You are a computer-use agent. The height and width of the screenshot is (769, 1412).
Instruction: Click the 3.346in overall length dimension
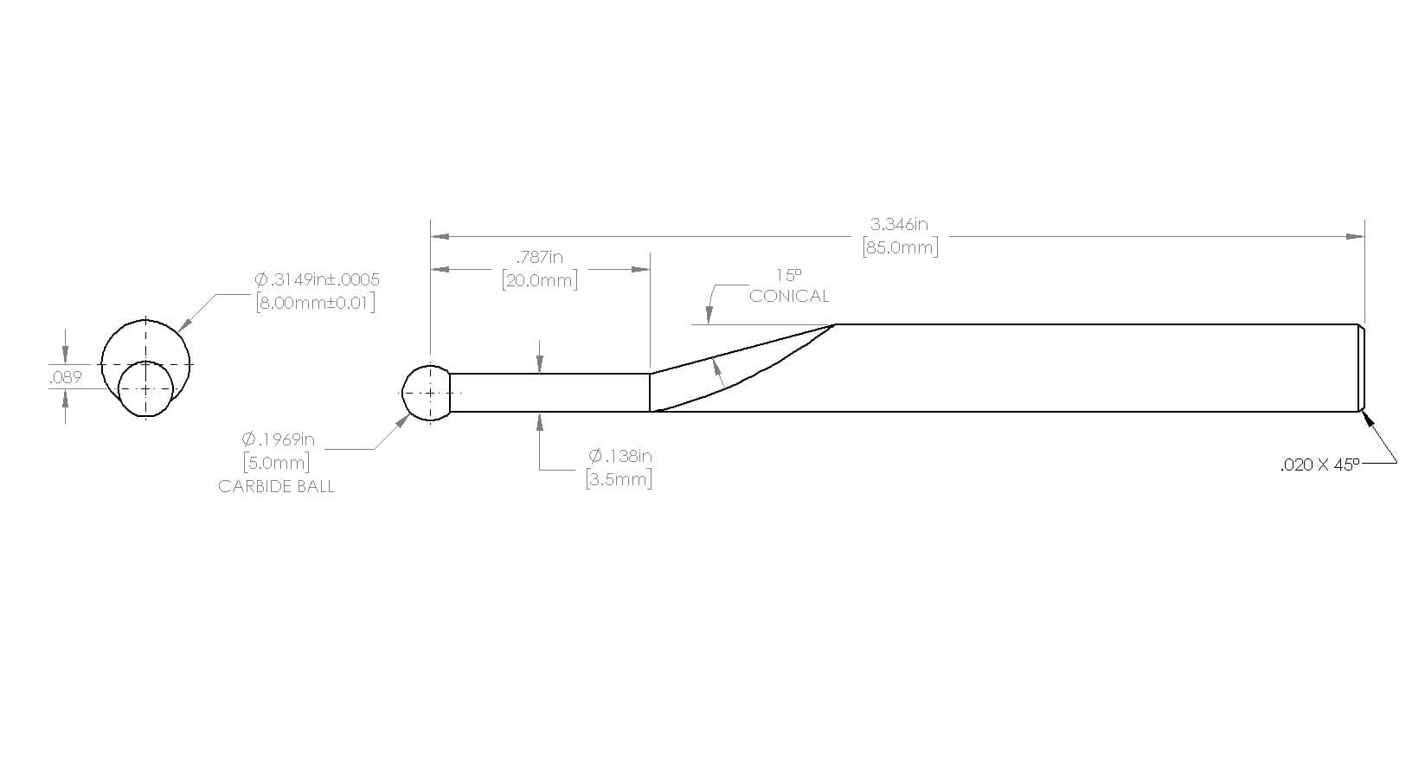[x=899, y=224]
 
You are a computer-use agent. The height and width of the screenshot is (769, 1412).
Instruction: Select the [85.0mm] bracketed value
[x=900, y=247]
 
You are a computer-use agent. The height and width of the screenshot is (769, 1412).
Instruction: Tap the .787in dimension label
[x=539, y=257]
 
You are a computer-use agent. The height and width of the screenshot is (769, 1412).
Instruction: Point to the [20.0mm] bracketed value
[x=540, y=280]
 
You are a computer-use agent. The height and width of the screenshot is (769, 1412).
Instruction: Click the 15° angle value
[x=788, y=275]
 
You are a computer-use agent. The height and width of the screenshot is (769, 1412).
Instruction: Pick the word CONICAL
[x=788, y=296]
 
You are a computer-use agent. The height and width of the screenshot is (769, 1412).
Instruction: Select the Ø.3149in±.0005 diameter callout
[x=317, y=279]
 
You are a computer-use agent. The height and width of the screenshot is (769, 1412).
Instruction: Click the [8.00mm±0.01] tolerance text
[x=316, y=303]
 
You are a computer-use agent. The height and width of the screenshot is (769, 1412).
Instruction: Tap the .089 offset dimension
[x=66, y=377]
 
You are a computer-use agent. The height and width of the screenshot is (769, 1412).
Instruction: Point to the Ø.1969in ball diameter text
[x=278, y=439]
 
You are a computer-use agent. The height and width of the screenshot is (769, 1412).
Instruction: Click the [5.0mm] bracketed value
[x=277, y=463]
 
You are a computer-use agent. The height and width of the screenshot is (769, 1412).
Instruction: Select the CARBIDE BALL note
[x=276, y=487]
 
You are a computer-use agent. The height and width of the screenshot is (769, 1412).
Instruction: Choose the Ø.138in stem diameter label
[x=620, y=456]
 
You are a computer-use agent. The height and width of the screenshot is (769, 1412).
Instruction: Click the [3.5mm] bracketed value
[x=619, y=479]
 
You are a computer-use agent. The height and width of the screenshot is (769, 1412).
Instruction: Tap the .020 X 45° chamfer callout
[x=1319, y=465]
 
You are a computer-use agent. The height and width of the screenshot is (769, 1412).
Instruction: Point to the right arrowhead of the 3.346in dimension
[x=1355, y=236]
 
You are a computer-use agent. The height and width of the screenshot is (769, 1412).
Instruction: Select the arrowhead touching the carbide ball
[x=401, y=421]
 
